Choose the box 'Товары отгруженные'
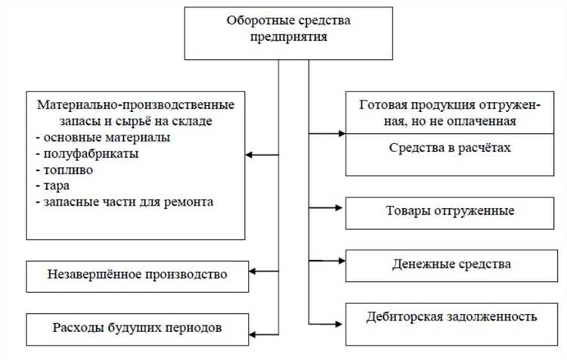click(x=452, y=210)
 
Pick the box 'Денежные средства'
click(x=452, y=264)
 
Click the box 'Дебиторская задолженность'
click(x=452, y=316)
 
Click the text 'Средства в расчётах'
click(x=452, y=148)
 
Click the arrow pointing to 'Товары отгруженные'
click(x=327, y=206)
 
